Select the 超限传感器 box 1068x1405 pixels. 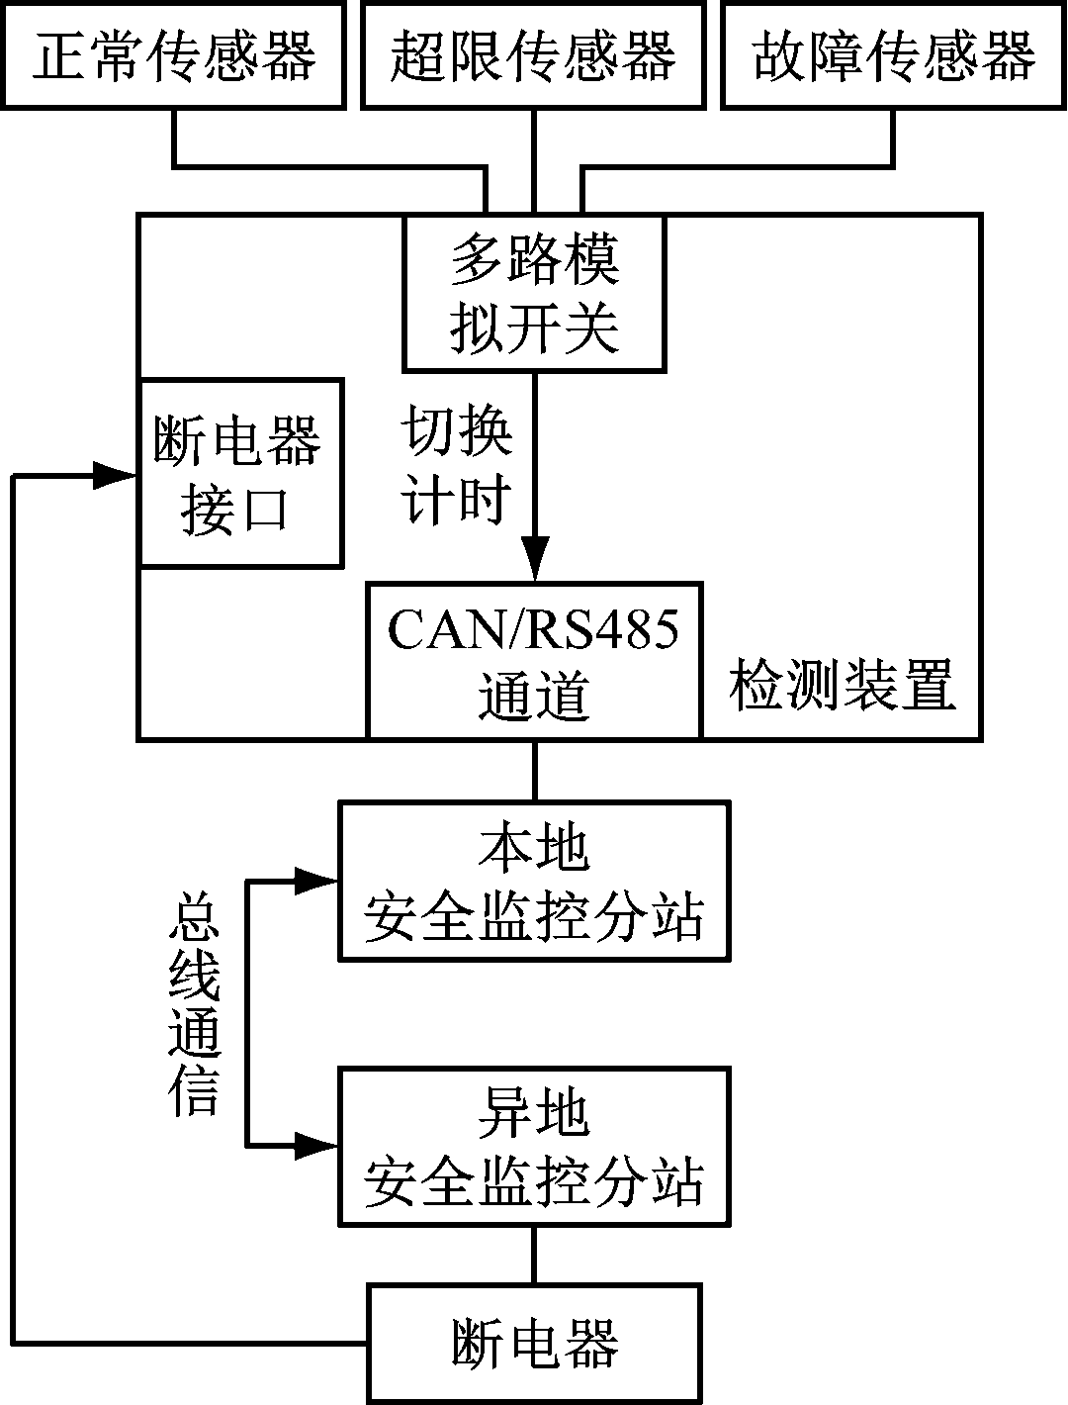pyautogui.click(x=534, y=54)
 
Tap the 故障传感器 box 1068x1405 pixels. pyautogui.click(x=894, y=54)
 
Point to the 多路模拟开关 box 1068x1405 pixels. pyautogui.click(x=534, y=293)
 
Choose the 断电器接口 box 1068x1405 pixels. pyautogui.click(x=240, y=473)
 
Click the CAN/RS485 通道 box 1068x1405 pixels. pyautogui.click(x=534, y=661)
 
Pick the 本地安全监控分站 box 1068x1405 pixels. pyautogui.click(x=534, y=881)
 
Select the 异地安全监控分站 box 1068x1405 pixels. pyautogui.click(x=534, y=1147)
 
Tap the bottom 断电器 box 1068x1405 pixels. pyautogui.click(x=534, y=1343)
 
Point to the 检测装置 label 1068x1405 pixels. pyautogui.click(x=843, y=685)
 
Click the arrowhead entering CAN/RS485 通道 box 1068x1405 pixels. pyautogui.click(x=535, y=560)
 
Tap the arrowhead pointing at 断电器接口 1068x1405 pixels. pyautogui.click(x=115, y=476)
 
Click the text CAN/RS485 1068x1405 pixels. pyautogui.click(x=534, y=629)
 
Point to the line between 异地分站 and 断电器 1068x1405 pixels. pyautogui.click(x=535, y=1256)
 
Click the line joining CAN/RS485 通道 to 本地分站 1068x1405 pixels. pyautogui.click(x=535, y=771)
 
